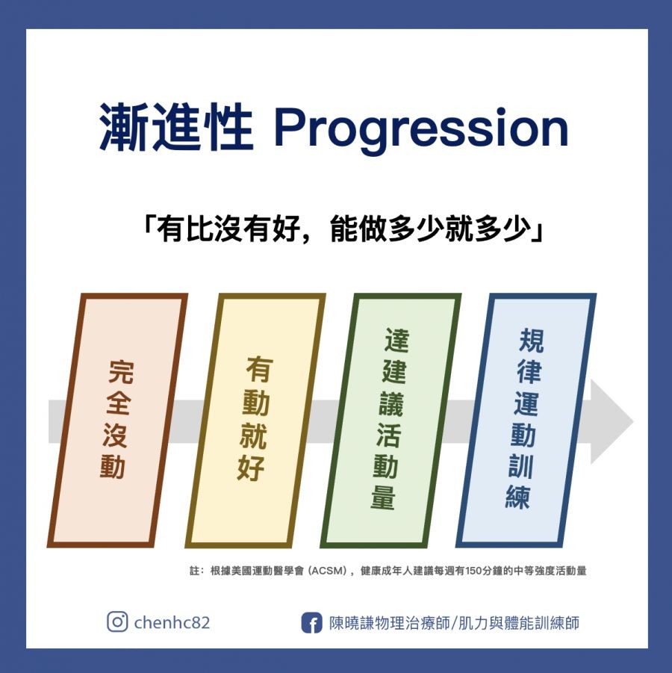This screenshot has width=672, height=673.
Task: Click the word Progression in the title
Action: tap(420, 128)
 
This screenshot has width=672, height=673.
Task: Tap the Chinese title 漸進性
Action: tap(175, 128)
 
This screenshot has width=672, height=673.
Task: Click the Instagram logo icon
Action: tap(117, 622)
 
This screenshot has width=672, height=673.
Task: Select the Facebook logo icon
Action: tap(311, 623)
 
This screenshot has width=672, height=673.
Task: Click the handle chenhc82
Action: tap(172, 622)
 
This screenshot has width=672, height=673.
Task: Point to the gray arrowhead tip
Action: tap(633, 421)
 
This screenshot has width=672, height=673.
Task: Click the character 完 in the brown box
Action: tap(120, 371)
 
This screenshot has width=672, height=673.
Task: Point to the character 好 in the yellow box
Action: tap(251, 468)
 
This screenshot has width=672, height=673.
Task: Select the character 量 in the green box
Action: tap(383, 497)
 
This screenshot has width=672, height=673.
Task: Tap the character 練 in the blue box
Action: tap(518, 497)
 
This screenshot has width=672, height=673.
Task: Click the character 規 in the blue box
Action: tap(531, 341)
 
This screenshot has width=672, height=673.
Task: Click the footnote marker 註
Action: tap(195, 571)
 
